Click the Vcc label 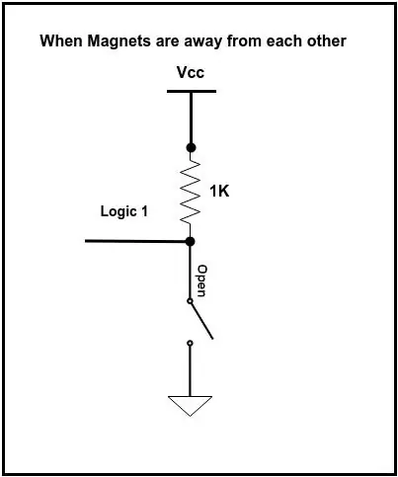point(191,72)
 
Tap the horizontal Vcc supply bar point(192,91)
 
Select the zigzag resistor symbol point(191,193)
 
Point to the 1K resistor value point(219,191)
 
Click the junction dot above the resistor point(191,147)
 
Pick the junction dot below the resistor point(190,242)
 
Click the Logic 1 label point(123,211)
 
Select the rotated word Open point(201,280)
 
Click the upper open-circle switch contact point(190,301)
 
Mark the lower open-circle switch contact point(190,344)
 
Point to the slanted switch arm point(201,321)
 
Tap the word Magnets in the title point(119,41)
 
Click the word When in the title point(61,40)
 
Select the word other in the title point(327,40)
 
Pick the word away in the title point(202,42)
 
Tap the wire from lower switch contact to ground point(190,370)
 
